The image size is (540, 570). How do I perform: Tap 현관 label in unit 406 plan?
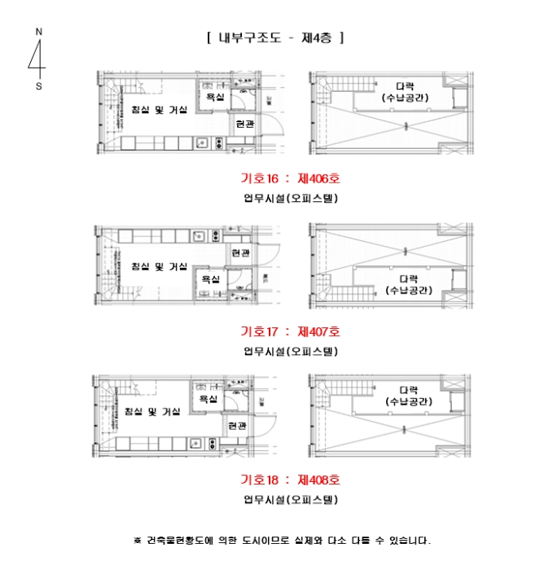tap(244, 125)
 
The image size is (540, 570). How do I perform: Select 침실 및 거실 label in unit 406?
tap(160, 110)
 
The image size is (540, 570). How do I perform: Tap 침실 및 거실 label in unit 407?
tap(160, 266)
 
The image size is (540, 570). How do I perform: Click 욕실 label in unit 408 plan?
tap(209, 399)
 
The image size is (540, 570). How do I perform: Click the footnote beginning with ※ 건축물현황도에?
tap(282, 540)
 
